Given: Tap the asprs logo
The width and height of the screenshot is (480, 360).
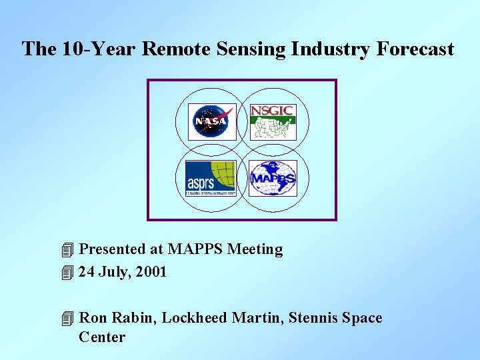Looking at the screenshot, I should click(x=211, y=178).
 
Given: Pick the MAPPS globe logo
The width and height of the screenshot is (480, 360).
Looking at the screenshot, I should click(x=273, y=178).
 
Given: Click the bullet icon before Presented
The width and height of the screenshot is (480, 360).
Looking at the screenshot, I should click(x=65, y=250).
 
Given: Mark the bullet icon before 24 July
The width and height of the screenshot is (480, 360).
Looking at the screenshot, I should click(x=65, y=273).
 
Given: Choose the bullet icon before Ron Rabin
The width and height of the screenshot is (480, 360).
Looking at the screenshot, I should click(x=65, y=319).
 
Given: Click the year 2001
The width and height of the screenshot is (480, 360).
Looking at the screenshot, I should click(x=150, y=272).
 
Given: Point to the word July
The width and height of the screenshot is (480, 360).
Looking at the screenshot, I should click(x=113, y=272).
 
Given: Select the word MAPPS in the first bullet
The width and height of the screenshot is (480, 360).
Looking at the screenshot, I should click(x=195, y=249).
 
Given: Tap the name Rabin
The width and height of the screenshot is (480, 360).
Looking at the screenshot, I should click(x=134, y=318).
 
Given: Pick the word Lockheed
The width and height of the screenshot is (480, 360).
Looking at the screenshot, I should click(x=194, y=318).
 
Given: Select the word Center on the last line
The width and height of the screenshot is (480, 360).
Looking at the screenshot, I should click(x=102, y=337).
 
